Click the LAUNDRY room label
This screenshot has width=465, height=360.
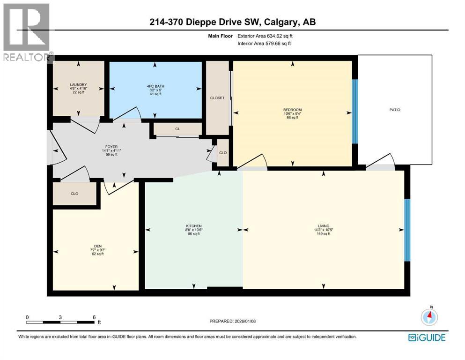pyautogui.click(x=78, y=85)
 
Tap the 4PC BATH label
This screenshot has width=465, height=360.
pyautogui.click(x=155, y=86)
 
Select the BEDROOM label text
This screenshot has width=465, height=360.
pyautogui.click(x=292, y=110)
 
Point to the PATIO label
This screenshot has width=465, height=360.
pyautogui.click(x=394, y=110)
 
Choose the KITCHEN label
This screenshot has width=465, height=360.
pyautogui.click(x=193, y=226)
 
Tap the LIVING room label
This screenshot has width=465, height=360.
pyautogui.click(x=324, y=226)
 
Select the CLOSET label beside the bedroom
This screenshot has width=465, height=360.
pyautogui.click(x=217, y=98)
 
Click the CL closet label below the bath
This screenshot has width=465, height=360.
pyautogui.click(x=177, y=128)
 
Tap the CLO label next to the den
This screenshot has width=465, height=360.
pyautogui.click(x=74, y=193)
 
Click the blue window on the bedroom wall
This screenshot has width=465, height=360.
pyautogui.click(x=354, y=112)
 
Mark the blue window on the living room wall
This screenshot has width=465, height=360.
pyautogui.click(x=407, y=230)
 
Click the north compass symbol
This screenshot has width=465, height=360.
pyautogui.click(x=429, y=317)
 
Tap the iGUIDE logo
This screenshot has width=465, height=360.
pyautogui.click(x=426, y=337)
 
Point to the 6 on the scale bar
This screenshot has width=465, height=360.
pyautogui.click(x=94, y=317)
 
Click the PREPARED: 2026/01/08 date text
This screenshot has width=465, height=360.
pyautogui.click(x=232, y=321)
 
